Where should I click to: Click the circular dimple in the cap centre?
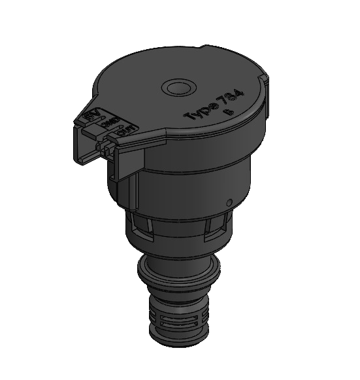(178, 88)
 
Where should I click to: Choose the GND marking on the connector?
(108, 124)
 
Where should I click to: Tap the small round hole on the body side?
(229, 201)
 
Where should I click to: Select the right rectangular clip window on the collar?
(214, 226)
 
